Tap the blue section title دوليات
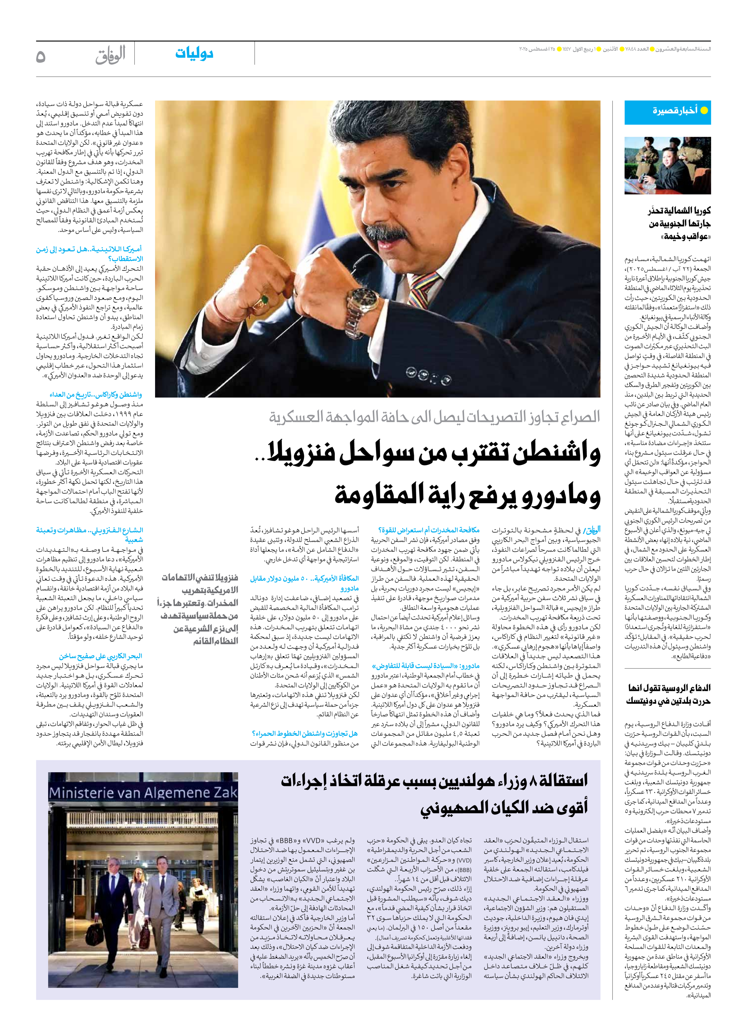194,54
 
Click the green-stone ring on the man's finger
264,301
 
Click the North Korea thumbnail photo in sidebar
668,165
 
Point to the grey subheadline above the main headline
434,417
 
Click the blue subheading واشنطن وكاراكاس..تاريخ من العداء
96,395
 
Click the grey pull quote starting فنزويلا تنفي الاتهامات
198,609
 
